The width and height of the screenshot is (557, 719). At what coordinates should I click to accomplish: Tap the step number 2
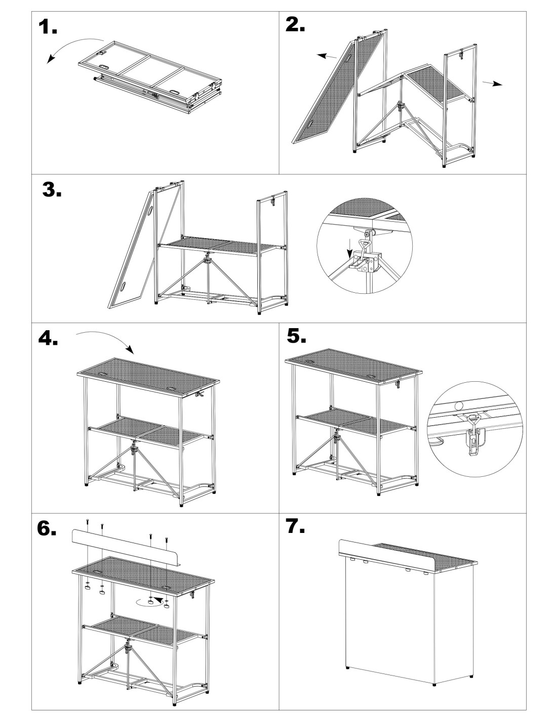click(x=295, y=24)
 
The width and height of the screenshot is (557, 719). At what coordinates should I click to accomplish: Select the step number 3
click(x=52, y=190)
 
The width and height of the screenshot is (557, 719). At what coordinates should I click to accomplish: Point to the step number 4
click(x=48, y=337)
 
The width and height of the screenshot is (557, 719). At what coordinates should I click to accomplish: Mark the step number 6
click(x=47, y=529)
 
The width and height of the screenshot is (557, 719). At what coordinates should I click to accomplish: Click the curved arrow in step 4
click(x=106, y=338)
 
